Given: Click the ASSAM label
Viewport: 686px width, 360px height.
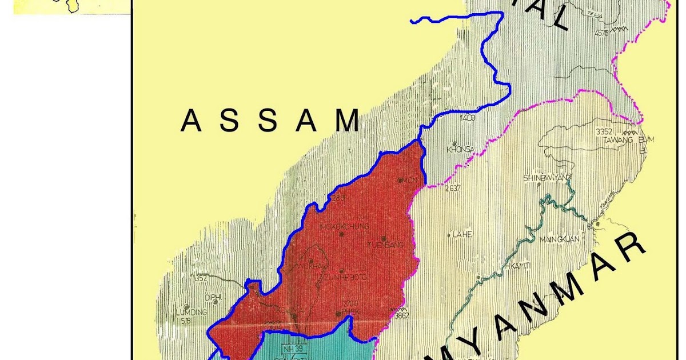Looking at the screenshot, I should pyautogui.click(x=270, y=121).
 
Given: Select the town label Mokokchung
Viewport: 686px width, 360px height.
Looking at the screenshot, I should pyautogui.click(x=341, y=226).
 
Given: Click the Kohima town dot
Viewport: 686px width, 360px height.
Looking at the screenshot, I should pyautogui.click(x=294, y=315).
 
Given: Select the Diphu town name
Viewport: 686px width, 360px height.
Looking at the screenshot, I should pyautogui.click(x=214, y=297).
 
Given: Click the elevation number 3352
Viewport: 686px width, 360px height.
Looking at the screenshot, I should pyautogui.click(x=604, y=131).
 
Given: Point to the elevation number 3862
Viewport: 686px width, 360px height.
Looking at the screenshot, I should pyautogui.click(x=402, y=315).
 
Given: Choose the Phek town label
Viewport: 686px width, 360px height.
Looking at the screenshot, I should pyautogui.click(x=348, y=311).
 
